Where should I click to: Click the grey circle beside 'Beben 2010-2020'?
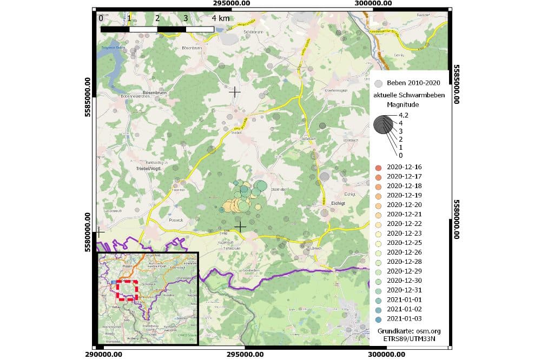point(379,83)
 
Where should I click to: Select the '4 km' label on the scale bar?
point(220,18)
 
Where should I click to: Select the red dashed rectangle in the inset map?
point(128,290)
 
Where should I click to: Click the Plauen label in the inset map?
point(128,266)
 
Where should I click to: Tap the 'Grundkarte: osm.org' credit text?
point(409,330)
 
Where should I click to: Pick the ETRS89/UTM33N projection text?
point(409,338)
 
